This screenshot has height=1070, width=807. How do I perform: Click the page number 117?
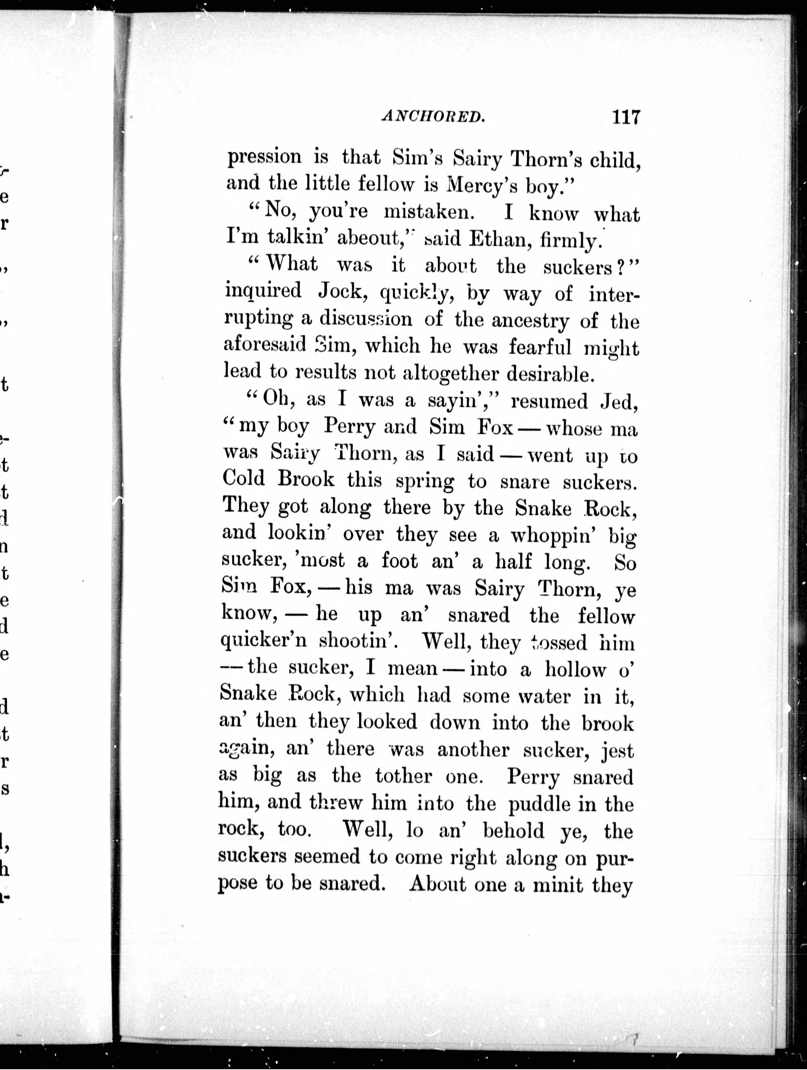pos(625,118)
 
